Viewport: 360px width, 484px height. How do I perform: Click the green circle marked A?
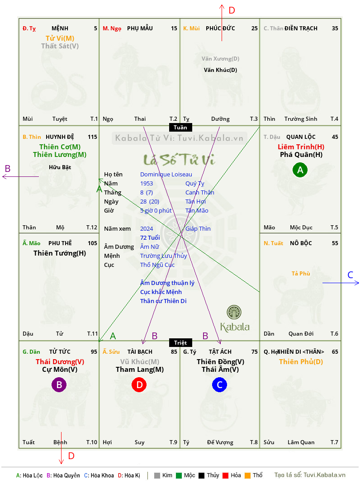(300, 170)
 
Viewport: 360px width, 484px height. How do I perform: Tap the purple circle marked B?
(59, 384)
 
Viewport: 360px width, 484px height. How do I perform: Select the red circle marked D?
(139, 384)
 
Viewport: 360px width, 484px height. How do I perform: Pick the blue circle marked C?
(219, 384)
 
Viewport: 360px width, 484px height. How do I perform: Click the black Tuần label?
(180, 127)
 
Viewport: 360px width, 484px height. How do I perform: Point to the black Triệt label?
(180, 342)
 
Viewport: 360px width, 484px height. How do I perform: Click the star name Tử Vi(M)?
(60, 38)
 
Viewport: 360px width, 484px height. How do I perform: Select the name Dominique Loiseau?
(166, 175)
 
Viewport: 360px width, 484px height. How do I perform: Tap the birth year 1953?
(147, 183)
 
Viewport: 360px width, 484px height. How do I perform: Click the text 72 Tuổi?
(150, 237)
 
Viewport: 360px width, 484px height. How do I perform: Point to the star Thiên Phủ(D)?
(301, 361)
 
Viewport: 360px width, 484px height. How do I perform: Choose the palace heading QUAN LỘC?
(301, 137)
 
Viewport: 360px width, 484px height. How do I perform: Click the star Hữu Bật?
(60, 167)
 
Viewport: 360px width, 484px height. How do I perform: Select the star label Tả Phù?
(301, 274)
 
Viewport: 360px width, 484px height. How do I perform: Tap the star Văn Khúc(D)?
(220, 70)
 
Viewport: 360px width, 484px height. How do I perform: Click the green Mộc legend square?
(179, 475)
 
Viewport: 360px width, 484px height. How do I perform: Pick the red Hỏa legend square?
(225, 475)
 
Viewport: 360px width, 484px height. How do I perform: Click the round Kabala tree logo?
(234, 312)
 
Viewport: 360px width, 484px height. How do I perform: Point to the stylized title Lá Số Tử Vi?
(179, 159)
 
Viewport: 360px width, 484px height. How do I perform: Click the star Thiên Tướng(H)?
(60, 253)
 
